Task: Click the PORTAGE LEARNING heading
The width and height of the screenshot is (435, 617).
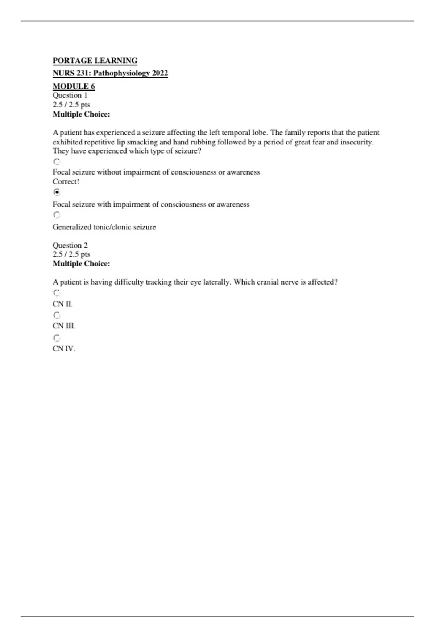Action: (95, 61)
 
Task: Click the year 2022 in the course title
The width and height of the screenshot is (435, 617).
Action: (160, 73)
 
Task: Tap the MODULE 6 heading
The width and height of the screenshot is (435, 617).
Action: (74, 86)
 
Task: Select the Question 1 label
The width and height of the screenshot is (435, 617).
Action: (70, 95)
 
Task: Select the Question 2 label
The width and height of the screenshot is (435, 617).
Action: (70, 245)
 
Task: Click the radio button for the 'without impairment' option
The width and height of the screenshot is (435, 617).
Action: (57, 162)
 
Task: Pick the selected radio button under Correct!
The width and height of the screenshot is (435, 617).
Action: (57, 192)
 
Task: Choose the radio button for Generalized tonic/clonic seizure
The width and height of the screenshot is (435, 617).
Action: (57, 215)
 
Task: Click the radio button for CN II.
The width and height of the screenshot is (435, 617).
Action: (57, 293)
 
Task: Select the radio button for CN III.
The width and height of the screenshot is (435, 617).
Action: (57, 315)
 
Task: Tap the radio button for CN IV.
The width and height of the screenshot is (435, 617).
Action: (57, 338)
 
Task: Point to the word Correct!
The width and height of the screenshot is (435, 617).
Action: (66, 182)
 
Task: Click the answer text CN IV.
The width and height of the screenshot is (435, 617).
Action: (64, 349)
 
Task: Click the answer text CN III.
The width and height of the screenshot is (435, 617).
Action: (64, 326)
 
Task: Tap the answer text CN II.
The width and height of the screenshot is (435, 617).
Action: (63, 304)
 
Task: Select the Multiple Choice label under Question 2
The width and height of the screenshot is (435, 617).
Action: (81, 264)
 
